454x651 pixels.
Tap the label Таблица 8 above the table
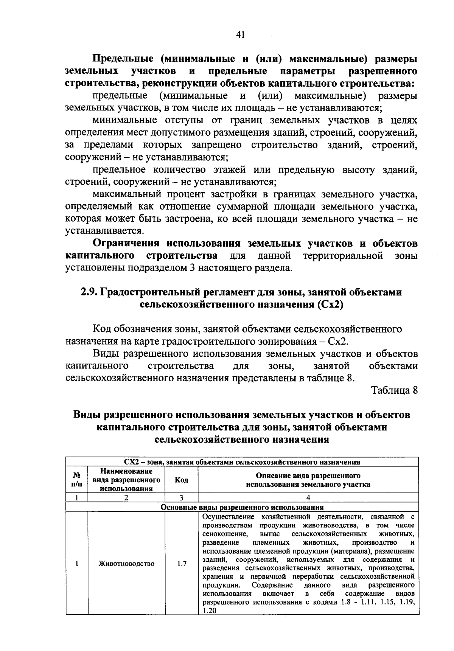pyautogui.click(x=394, y=390)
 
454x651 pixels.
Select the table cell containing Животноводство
pyautogui.click(x=126, y=563)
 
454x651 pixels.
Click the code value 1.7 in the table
pyautogui.click(x=182, y=563)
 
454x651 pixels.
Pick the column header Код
pyautogui.click(x=182, y=480)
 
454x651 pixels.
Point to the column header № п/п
pyautogui.click(x=76, y=480)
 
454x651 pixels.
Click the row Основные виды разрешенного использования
pyautogui.click(x=242, y=507)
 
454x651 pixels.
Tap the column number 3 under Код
pyautogui.click(x=182, y=498)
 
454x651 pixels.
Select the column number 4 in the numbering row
pyautogui.click(x=308, y=498)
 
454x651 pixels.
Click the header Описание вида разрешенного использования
pyautogui.click(x=308, y=480)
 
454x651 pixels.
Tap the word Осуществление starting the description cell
pyautogui.click(x=229, y=517)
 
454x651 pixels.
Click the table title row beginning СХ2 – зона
pyautogui.click(x=242, y=462)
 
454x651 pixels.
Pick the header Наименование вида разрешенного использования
pyautogui.click(x=126, y=480)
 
